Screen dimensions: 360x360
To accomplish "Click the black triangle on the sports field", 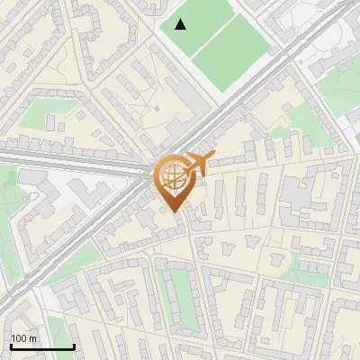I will pos(181,24).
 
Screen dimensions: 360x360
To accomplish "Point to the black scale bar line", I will pos(42,346).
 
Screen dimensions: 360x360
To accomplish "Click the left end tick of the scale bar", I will pos(12,345).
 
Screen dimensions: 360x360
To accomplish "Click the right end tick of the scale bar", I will pos(73,345).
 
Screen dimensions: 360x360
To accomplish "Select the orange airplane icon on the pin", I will pos(199,163).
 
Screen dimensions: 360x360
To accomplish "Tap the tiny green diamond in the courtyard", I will pos(156,109).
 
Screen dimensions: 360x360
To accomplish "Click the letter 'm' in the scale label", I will pos(32,338).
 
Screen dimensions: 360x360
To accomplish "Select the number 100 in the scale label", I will pos(19,338).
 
